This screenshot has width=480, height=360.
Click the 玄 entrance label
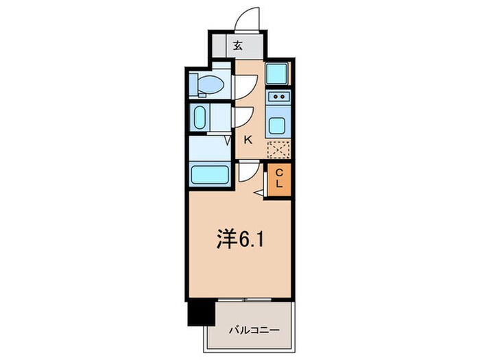237,47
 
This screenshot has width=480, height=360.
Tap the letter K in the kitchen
248,139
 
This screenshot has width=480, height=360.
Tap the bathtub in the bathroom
211,175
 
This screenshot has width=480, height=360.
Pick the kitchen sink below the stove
278,125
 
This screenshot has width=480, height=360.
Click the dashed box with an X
278,149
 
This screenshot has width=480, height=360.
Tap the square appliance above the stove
278,73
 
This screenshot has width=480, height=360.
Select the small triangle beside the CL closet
259,193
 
